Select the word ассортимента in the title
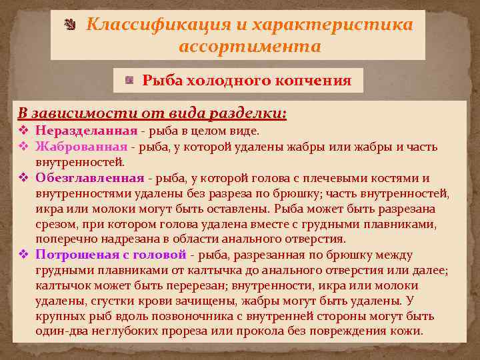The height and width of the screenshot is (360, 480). pyautogui.click(x=250, y=47)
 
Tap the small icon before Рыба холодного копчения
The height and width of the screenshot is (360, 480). pyautogui.click(x=130, y=81)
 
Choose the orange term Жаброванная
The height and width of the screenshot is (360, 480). pyautogui.click(x=81, y=147)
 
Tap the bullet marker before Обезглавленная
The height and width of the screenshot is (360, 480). pyautogui.click(x=23, y=178)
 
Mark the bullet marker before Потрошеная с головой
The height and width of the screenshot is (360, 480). pyautogui.click(x=23, y=255)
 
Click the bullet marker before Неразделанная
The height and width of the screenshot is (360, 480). pyautogui.click(x=23, y=131)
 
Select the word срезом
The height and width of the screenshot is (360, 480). pyautogui.click(x=54, y=224)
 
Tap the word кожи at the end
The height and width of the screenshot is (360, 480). pyautogui.click(x=407, y=331)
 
